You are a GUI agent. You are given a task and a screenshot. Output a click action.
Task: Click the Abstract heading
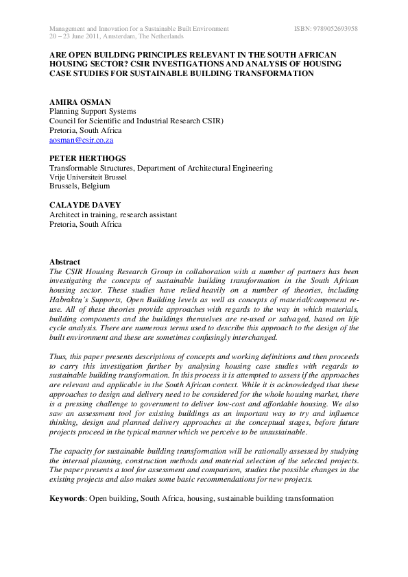[x=64, y=262]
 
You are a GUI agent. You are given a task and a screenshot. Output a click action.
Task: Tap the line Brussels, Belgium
[x=79, y=186]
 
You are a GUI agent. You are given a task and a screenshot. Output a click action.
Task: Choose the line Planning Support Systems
[x=93, y=111]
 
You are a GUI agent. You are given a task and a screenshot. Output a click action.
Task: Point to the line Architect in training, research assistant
[x=112, y=214]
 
